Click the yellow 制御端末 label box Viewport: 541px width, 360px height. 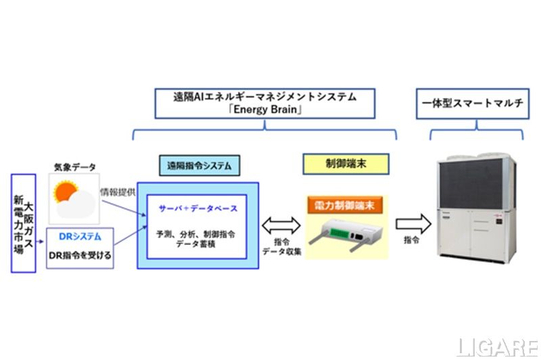pos(345,163)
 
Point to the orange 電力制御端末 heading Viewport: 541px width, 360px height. pos(345,203)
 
